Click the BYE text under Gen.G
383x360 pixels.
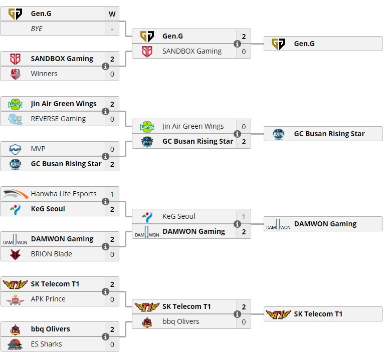(x=37, y=29)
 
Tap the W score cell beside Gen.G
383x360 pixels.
(x=112, y=14)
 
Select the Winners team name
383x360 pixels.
(x=44, y=74)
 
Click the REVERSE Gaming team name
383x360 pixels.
(x=58, y=119)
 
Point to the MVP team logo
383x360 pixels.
(x=16, y=149)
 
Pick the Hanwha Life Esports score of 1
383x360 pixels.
(x=112, y=194)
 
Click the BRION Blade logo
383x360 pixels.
(x=16, y=254)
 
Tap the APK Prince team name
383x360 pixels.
(x=48, y=299)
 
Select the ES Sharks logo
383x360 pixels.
(x=16, y=344)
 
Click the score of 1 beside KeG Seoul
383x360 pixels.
(x=244, y=216)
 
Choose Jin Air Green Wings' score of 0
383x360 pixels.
(x=244, y=126)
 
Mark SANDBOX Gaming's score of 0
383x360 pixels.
(x=244, y=51)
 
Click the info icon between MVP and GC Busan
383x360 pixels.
(x=106, y=156)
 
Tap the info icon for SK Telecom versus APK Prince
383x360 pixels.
(x=106, y=291)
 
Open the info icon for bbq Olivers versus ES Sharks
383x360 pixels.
(x=106, y=336)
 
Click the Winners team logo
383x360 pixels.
(x=16, y=74)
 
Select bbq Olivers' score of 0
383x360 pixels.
(x=244, y=321)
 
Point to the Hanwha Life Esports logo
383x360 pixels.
(x=16, y=194)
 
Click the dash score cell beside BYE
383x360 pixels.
(x=112, y=29)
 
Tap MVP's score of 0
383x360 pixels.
(x=112, y=149)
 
